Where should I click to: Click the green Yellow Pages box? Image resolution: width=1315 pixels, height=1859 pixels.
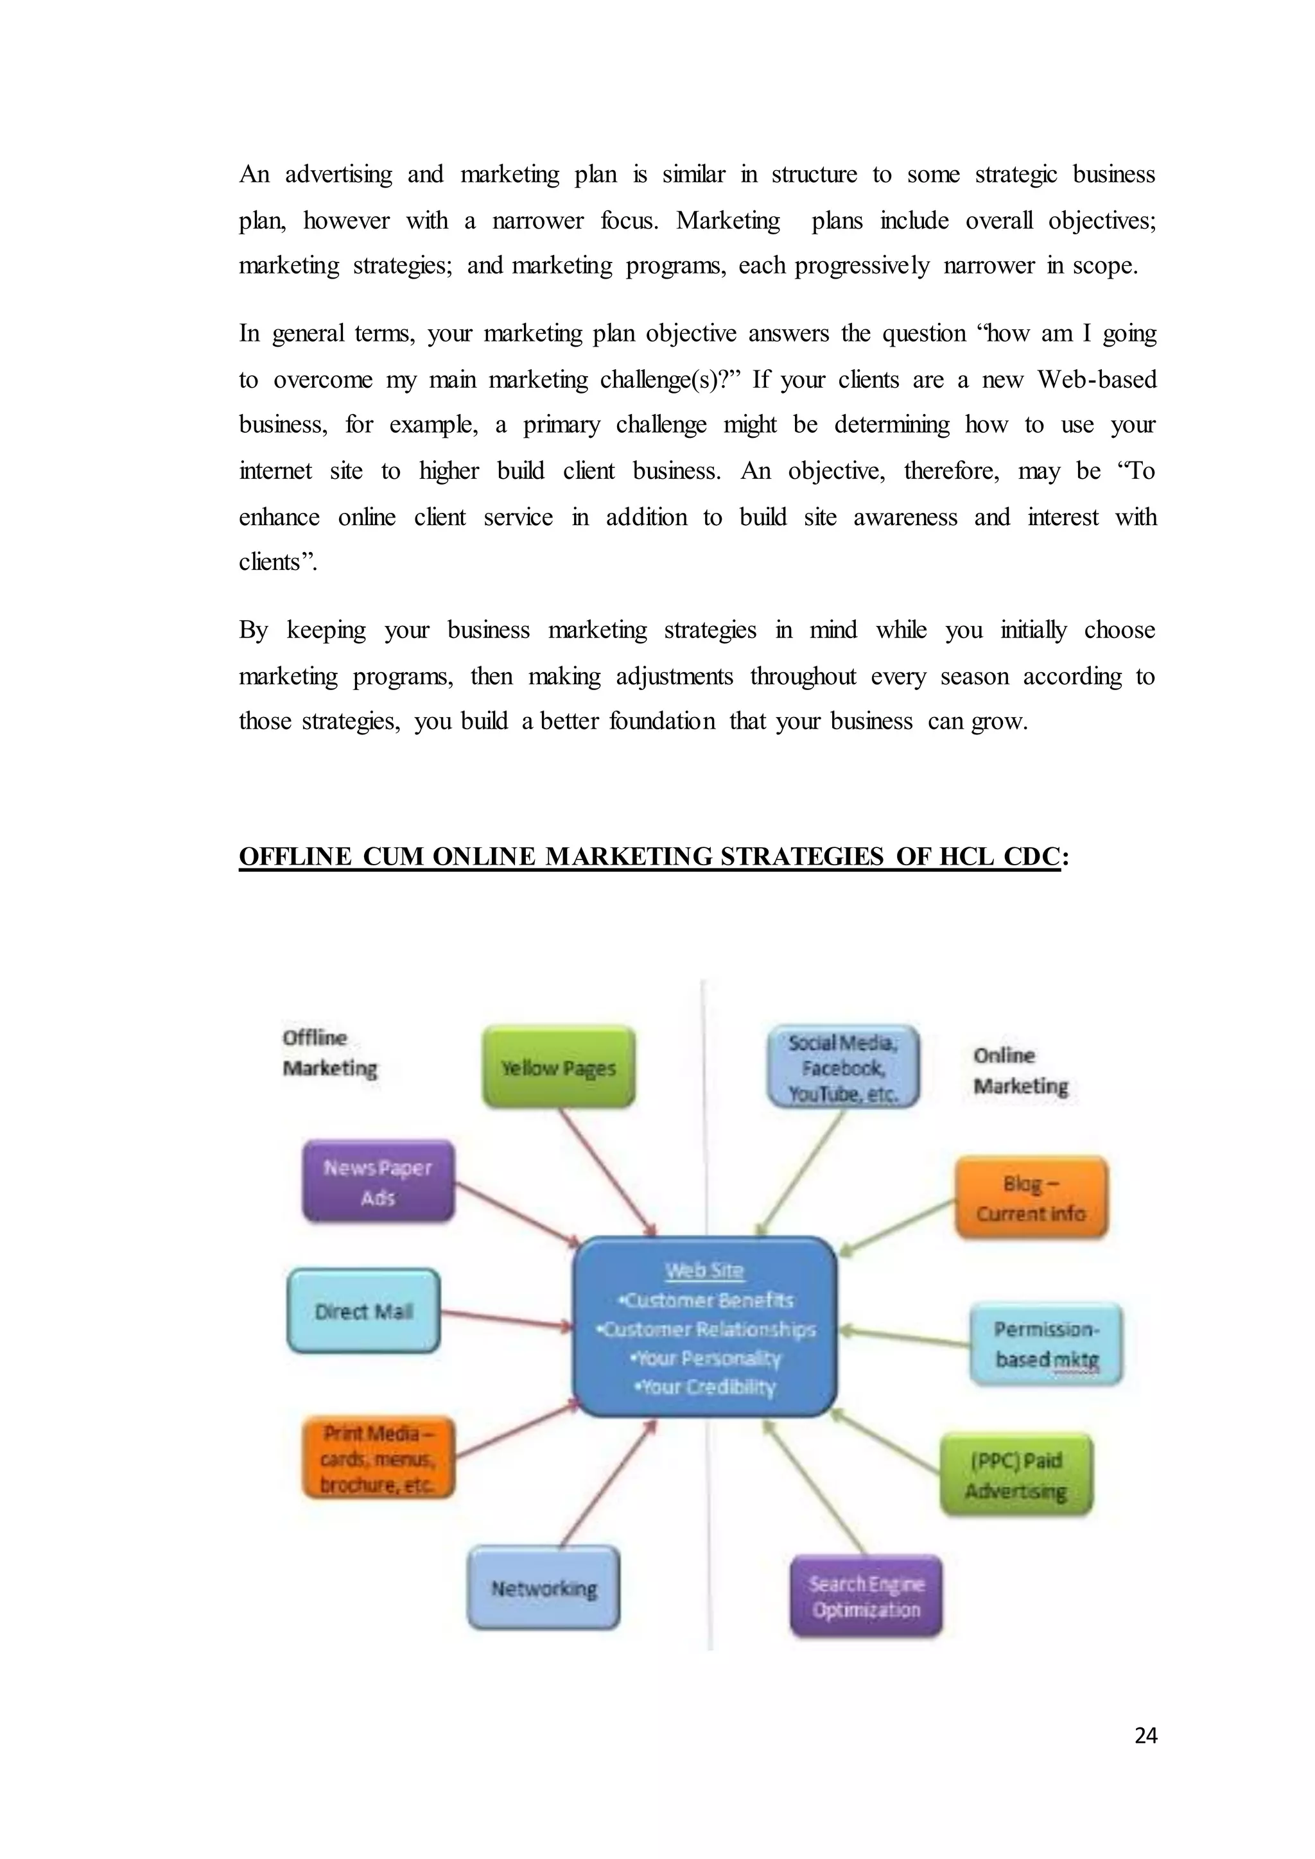point(559,1067)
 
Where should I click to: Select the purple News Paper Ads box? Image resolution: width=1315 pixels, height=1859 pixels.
point(378,1181)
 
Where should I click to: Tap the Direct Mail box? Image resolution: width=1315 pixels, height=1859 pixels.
point(363,1311)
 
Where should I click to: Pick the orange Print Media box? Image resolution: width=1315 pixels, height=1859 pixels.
point(378,1458)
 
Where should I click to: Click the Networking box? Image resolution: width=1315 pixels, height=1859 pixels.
point(543,1587)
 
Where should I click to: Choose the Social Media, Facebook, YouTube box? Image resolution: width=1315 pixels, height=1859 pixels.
point(843,1067)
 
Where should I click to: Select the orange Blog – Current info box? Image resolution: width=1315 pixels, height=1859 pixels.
point(1031,1197)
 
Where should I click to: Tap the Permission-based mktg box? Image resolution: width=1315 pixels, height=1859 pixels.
point(1046,1344)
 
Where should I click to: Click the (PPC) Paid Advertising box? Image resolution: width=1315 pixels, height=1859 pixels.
point(1016,1475)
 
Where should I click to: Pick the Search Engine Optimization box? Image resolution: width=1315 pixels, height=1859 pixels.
point(866,1596)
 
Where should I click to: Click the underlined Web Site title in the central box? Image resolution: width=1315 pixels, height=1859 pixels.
point(704,1270)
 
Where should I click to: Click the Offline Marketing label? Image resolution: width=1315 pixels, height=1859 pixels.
point(329,1053)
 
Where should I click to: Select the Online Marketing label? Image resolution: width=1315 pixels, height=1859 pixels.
point(1020,1070)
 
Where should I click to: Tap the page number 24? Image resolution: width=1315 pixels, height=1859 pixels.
point(1145,1735)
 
